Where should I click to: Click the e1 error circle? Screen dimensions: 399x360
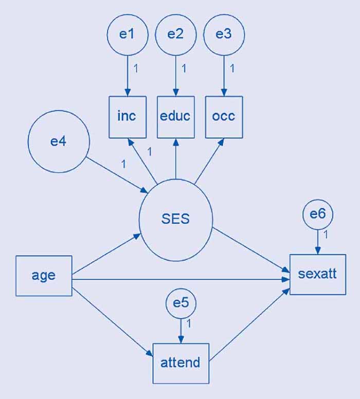point(127,34)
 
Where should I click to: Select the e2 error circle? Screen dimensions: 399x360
point(175,34)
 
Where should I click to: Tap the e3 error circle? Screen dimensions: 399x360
point(224,34)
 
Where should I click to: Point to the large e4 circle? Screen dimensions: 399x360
point(59,141)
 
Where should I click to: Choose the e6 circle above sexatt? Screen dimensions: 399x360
point(318,214)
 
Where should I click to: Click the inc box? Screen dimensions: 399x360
point(127,117)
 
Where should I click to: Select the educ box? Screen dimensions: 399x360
point(175,117)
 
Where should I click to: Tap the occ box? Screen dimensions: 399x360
point(224,117)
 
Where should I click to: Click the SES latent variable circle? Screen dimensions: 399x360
point(175,219)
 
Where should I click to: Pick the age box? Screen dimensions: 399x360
point(44,276)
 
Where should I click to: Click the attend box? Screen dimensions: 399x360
point(181,363)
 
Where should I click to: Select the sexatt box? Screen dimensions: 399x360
point(317,274)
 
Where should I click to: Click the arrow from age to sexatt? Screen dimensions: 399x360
point(180,280)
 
